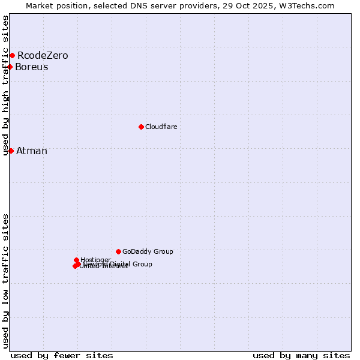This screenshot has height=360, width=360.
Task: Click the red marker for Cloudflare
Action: [x=141, y=127]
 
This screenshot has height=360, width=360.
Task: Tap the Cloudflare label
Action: [x=161, y=127]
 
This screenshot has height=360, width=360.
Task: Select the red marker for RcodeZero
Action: [x=12, y=56]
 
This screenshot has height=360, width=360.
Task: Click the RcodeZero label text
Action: [x=43, y=56]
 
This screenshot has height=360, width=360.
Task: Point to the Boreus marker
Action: [x=10, y=67]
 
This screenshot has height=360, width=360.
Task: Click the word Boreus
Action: [x=32, y=67]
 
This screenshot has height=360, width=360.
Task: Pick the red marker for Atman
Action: [x=11, y=151]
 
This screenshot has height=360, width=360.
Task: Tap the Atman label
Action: [x=32, y=151]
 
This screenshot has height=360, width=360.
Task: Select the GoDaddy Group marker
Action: [x=118, y=251]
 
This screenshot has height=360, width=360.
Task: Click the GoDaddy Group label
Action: [x=148, y=252]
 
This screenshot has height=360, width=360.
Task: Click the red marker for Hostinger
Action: [x=76, y=260]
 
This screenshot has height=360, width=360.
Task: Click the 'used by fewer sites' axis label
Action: [x=62, y=355]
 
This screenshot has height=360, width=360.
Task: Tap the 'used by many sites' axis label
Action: [x=301, y=355]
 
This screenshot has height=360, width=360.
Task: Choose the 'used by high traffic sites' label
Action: [x=5, y=85]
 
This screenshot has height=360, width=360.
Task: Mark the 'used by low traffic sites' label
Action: [x=5, y=280]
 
